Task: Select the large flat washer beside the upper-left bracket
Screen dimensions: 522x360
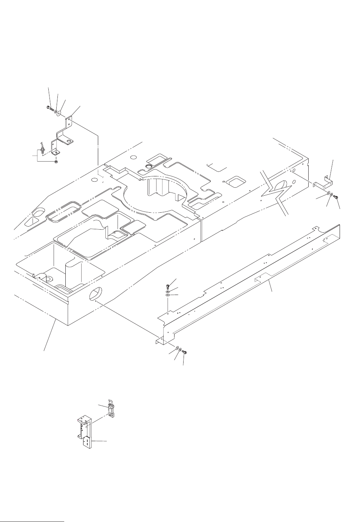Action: pos(60,113)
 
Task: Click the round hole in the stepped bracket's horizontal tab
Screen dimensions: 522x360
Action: pos(69,142)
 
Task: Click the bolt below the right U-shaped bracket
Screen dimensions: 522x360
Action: pos(335,196)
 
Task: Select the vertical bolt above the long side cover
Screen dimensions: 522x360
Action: pos(168,287)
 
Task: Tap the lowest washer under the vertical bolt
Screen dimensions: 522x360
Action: pos(168,295)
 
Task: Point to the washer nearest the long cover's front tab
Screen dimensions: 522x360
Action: pos(176,347)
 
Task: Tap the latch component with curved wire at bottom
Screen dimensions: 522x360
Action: pos(111,410)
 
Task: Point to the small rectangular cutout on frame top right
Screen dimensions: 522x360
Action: pos(234,181)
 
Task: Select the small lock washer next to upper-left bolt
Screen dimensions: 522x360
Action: pos(55,111)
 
